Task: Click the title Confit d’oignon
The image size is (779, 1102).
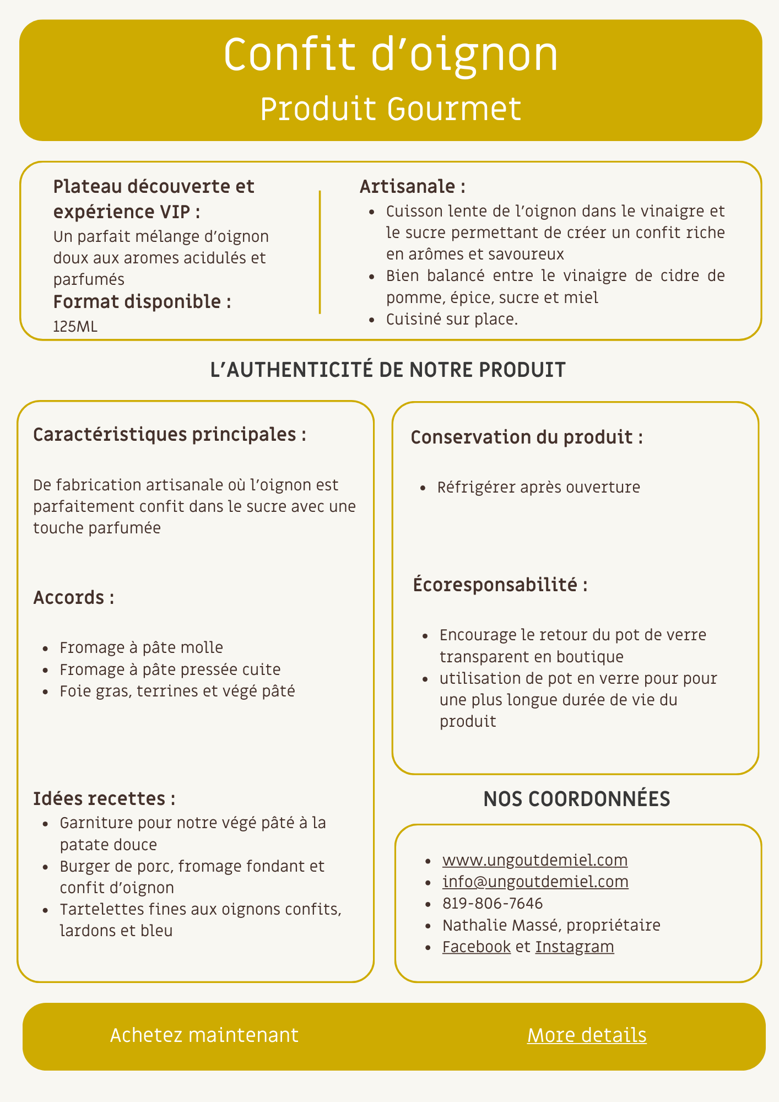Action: (391, 55)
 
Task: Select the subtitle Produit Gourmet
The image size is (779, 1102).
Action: (391, 109)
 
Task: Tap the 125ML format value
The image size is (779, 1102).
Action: (75, 327)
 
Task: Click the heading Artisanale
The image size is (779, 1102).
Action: (413, 187)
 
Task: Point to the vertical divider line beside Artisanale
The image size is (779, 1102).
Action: (320, 252)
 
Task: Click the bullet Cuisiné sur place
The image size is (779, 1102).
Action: (452, 319)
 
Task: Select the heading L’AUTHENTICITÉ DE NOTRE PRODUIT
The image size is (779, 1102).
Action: (388, 370)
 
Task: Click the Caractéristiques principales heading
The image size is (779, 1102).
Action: (170, 435)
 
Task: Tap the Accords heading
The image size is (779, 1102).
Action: (74, 598)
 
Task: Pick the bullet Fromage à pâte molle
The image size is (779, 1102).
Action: (141, 647)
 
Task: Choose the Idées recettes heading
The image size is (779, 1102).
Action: (104, 798)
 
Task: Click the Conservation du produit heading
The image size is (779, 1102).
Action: (527, 437)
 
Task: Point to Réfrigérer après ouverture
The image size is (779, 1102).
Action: (538, 487)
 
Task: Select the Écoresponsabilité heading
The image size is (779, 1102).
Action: (500, 585)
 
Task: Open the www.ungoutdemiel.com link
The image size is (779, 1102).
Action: (535, 860)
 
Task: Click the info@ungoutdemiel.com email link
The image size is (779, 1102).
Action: (535, 882)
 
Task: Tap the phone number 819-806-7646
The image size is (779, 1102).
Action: (493, 903)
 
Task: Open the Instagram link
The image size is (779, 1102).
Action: (575, 947)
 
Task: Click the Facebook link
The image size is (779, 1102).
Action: (477, 947)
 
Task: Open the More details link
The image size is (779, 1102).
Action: (587, 1035)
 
